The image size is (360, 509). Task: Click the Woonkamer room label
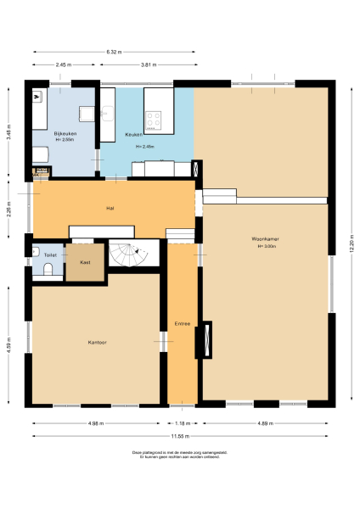[x=266, y=239]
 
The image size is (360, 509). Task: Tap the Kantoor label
[x=96, y=343]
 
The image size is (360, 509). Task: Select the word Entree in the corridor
[x=182, y=323]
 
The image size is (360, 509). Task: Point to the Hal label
[x=110, y=208]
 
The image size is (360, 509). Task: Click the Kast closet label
[x=85, y=262]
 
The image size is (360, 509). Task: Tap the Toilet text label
[x=49, y=254]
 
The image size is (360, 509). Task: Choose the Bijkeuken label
[x=65, y=133]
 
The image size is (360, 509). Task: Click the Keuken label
[x=133, y=135]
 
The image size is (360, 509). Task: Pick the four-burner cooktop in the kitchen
[x=155, y=120]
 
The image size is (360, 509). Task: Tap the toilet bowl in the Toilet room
[x=48, y=269]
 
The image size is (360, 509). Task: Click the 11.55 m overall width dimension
[x=180, y=436]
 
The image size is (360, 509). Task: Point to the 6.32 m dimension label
[x=115, y=53]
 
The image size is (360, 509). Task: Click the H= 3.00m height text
[x=266, y=246]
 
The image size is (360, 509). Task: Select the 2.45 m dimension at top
[x=62, y=65]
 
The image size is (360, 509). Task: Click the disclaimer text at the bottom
[x=180, y=456]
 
